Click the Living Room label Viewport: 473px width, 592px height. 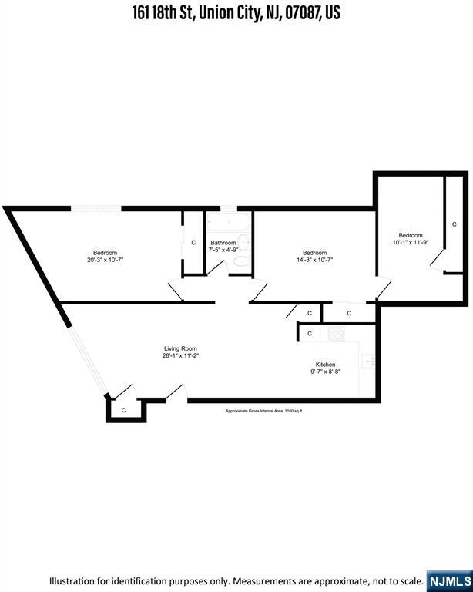pyautogui.click(x=180, y=348)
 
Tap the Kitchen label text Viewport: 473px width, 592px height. pyautogui.click(x=325, y=365)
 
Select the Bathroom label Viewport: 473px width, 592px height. pyautogui.click(x=223, y=243)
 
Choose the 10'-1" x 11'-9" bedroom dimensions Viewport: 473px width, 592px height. pyautogui.click(x=410, y=244)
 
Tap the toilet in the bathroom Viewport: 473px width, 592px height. pyautogui.click(x=240, y=262)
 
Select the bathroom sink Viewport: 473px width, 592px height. pyautogui.click(x=245, y=242)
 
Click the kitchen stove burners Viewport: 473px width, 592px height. pyautogui.click(x=337, y=335)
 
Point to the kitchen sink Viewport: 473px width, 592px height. pyautogui.click(x=367, y=362)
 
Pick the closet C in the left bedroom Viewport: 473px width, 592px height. pyautogui.click(x=193, y=243)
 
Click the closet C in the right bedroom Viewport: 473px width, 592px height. pyautogui.click(x=454, y=224)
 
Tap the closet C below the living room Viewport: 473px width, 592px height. pyautogui.click(x=124, y=410)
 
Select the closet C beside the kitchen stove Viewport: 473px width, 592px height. pyautogui.click(x=310, y=334)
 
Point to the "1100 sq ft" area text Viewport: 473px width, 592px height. pyautogui.click(x=294, y=412)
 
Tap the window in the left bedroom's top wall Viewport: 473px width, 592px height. pyautogui.click(x=96, y=207)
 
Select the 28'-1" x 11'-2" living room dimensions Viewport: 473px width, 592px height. pyautogui.click(x=180, y=357)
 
